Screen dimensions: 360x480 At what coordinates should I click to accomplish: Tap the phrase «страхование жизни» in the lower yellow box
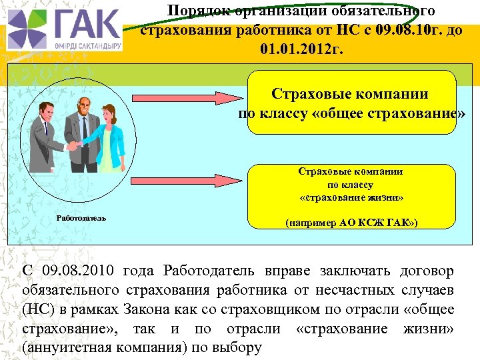point(351,198)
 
